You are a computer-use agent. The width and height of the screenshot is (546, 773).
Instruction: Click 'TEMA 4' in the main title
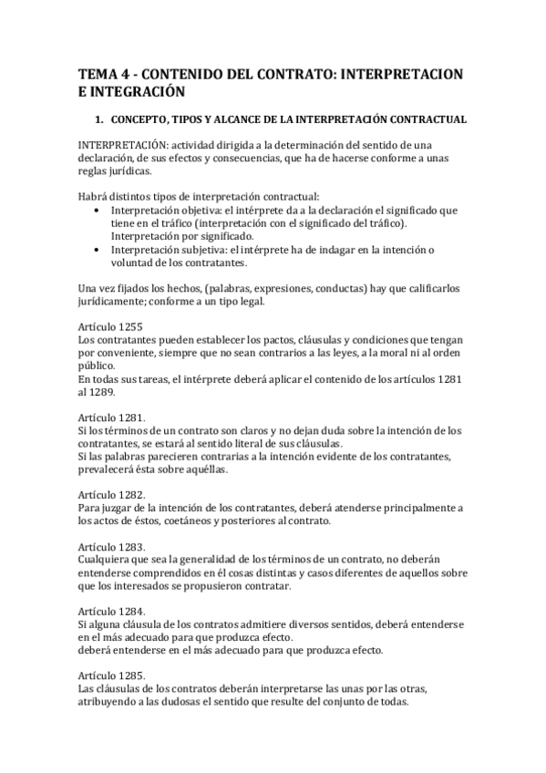point(101,73)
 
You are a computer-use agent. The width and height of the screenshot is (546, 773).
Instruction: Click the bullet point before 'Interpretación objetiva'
point(98,211)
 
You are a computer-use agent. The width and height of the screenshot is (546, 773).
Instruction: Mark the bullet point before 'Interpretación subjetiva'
point(98,250)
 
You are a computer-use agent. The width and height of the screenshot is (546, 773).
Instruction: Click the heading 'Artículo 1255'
point(108,326)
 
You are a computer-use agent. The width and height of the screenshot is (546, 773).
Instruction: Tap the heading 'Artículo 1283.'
point(109,547)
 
